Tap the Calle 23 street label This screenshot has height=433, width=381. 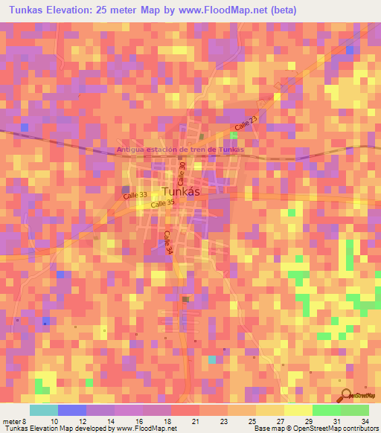point(245,123)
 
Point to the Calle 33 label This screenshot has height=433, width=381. point(135,193)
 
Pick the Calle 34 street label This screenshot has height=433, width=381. point(167,243)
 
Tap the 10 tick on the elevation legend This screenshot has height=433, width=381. point(54,420)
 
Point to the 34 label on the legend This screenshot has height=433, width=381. point(365,420)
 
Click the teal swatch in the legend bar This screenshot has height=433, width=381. point(44,410)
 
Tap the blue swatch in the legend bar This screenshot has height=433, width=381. point(72,410)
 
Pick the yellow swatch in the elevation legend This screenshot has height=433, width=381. point(298,410)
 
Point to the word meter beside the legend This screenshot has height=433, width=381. point(12,420)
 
